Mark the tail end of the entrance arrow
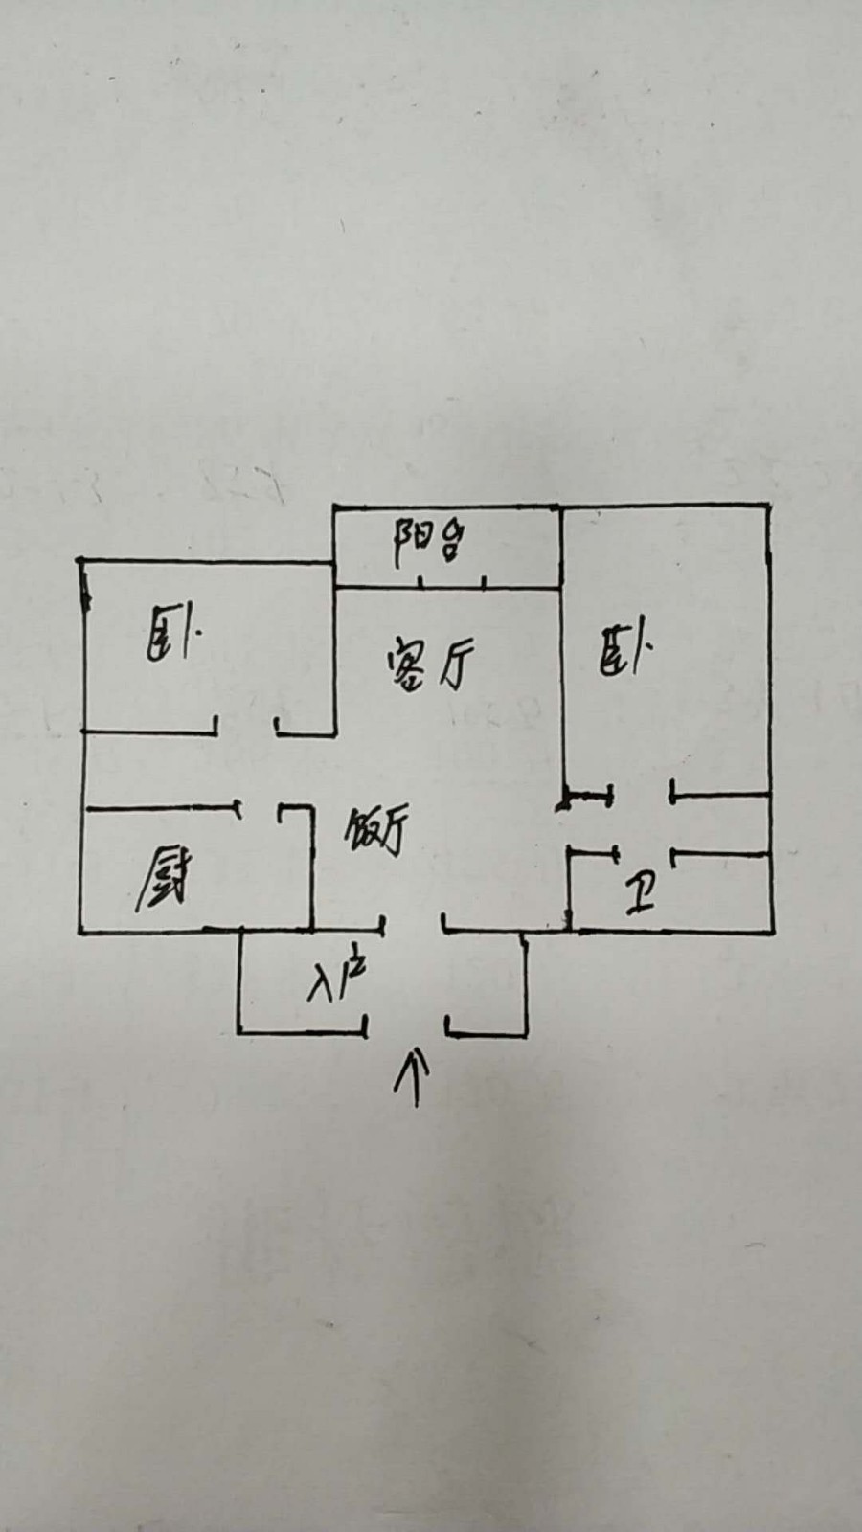(x=416, y=1105)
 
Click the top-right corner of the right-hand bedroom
(x=769, y=507)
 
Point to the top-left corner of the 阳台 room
(x=334, y=507)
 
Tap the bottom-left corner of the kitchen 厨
(x=80, y=932)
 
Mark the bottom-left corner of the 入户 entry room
(x=239, y=1032)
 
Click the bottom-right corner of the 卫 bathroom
(x=773, y=931)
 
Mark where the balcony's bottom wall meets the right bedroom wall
(x=561, y=587)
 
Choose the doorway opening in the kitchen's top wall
(x=260, y=810)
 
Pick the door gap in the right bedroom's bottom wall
(x=642, y=796)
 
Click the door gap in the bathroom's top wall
(x=646, y=853)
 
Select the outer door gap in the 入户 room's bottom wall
(x=406, y=1033)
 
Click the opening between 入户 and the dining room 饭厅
(x=413, y=930)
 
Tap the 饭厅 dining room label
(x=376, y=829)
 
